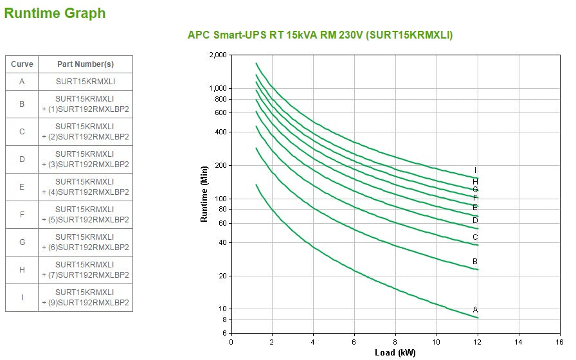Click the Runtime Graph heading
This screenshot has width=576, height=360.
pyautogui.click(x=55, y=14)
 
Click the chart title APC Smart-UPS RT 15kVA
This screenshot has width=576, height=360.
pyautogui.click(x=319, y=35)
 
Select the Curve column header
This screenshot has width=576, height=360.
pyautogui.click(x=22, y=64)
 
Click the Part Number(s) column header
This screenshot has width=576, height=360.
pyautogui.click(x=85, y=64)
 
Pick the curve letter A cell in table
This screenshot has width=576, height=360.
pyautogui.click(x=22, y=82)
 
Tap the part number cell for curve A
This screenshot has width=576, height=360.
pyautogui.click(x=85, y=82)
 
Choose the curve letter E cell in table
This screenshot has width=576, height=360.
pyautogui.click(x=22, y=187)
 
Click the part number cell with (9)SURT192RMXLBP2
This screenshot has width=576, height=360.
pyautogui.click(x=85, y=298)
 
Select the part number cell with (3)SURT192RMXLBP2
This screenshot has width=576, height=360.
pyautogui.click(x=85, y=159)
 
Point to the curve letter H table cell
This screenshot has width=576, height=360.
pyautogui.click(x=22, y=270)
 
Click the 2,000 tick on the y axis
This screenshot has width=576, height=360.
pyautogui.click(x=218, y=55)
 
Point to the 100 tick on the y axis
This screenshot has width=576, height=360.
pyautogui.click(x=221, y=199)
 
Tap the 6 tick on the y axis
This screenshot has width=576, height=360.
pyautogui.click(x=224, y=334)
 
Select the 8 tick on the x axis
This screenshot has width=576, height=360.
pyautogui.click(x=395, y=342)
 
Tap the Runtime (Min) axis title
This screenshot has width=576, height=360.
pyautogui.click(x=204, y=194)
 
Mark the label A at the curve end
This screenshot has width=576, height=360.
pyautogui.click(x=475, y=310)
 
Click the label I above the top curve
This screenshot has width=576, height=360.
pyautogui.click(x=475, y=170)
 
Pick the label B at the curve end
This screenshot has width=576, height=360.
pyautogui.click(x=475, y=262)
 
